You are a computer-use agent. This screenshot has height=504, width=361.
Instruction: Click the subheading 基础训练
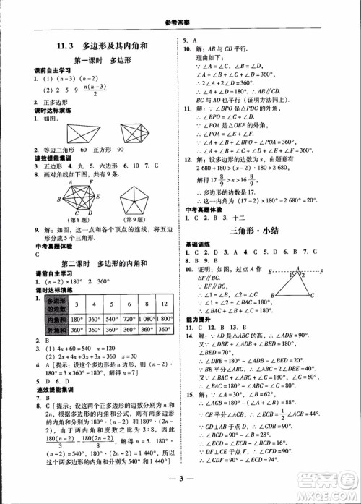pyautogui.click(x=197, y=243)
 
